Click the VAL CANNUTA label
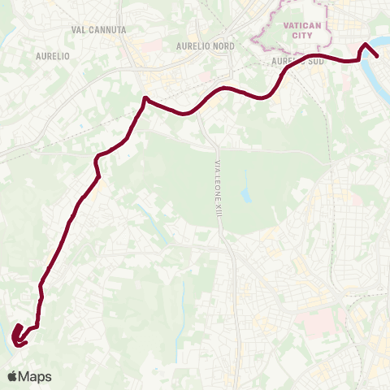click(98, 29)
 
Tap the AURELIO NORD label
click(206, 46)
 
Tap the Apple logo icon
click(12, 376)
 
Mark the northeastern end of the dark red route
click(379, 56)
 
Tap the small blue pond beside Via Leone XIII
click(246, 196)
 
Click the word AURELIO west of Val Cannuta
click(53, 56)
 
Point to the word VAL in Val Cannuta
click(79, 29)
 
